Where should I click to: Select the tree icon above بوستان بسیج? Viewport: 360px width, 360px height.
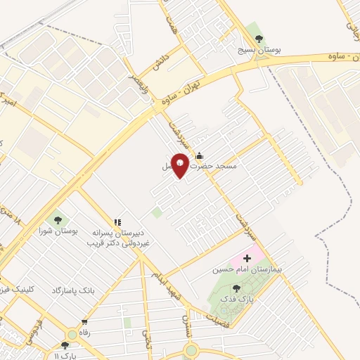coord(259,39)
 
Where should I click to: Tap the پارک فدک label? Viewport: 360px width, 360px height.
coord(237,299)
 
